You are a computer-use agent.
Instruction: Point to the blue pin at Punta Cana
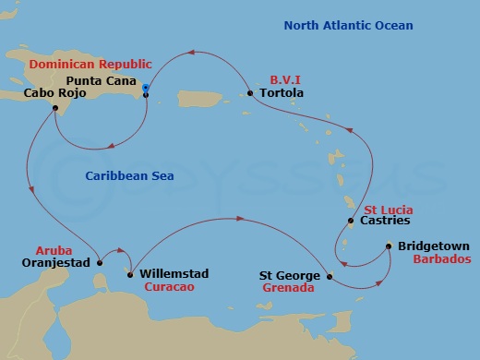coord(146,89)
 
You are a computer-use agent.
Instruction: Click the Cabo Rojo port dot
coord(56,107)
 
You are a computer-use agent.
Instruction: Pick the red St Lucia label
coord(388,209)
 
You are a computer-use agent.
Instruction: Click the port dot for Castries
coord(350,222)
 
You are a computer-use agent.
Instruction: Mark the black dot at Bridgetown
coord(389,246)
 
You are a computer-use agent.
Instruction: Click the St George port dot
coord(330,275)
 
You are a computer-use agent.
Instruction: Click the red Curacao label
coord(168,287)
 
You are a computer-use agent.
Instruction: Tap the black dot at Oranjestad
coord(101,263)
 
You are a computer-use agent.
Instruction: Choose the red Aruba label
coord(52,250)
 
